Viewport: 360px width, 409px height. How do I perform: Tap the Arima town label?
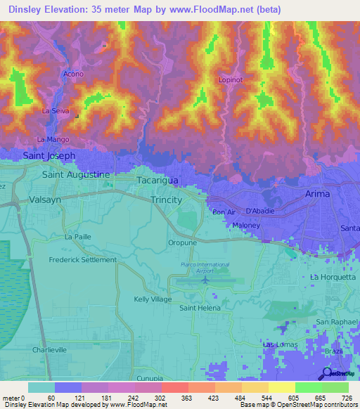point(317,194)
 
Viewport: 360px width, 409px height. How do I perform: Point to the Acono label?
point(73,74)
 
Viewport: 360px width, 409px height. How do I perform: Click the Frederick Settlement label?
point(82,259)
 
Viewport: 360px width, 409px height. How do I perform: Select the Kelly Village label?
point(153,299)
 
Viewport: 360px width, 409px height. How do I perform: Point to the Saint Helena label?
point(200,308)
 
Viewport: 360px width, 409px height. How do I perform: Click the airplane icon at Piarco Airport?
point(205,280)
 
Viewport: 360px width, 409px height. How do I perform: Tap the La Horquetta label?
point(330,277)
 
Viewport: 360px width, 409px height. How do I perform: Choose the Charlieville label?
point(49,349)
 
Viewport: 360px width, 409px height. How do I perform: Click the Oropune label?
point(181,243)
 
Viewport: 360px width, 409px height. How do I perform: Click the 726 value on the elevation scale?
point(347,398)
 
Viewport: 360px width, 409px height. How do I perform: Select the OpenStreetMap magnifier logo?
point(327,373)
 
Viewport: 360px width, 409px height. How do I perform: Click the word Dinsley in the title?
point(24,9)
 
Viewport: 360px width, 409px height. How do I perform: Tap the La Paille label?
point(78,237)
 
